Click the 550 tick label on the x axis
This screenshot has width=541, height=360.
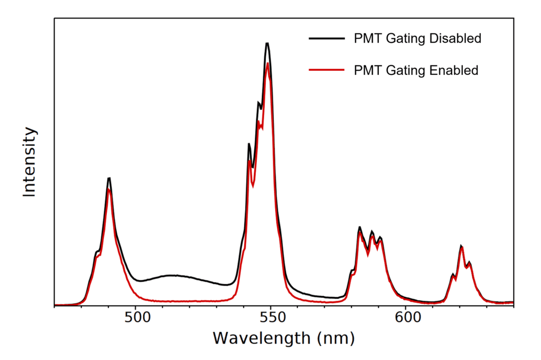pyautogui.click(x=270, y=318)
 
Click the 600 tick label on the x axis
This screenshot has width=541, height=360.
pyautogui.click(x=405, y=318)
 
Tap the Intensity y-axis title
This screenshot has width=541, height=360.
pyautogui.click(x=30, y=162)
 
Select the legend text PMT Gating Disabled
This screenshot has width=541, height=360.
pyautogui.click(x=417, y=39)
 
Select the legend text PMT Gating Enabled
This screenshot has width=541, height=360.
pyautogui.click(x=416, y=70)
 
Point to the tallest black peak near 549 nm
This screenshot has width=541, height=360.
pyautogui.click(x=267, y=43)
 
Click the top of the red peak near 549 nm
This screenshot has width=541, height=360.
pyautogui.click(x=268, y=63)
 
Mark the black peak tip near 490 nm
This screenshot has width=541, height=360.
pyautogui.click(x=109, y=178)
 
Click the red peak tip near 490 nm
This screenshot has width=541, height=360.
pyautogui.click(x=109, y=189)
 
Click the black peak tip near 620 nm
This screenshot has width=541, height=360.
pyautogui.click(x=461, y=245)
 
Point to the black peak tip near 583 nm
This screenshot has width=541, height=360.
pyautogui.click(x=359, y=227)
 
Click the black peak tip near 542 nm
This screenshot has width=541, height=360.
pyautogui.click(x=249, y=144)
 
